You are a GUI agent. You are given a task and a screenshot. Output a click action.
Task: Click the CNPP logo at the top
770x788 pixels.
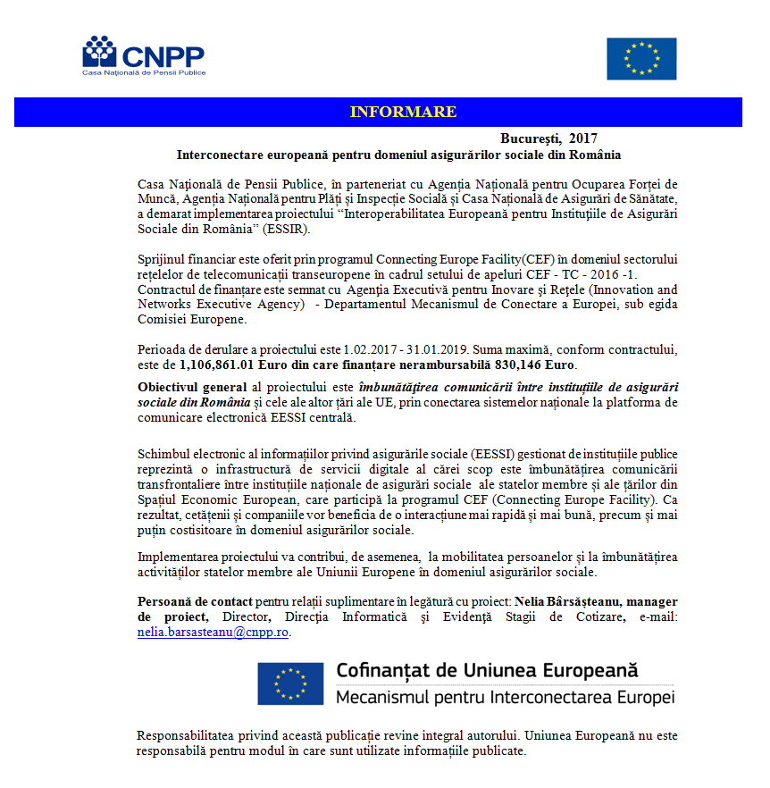point(143,55)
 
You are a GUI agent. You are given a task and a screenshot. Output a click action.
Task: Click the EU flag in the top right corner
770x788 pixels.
point(640,59)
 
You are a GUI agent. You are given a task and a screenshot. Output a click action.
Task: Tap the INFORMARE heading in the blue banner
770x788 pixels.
point(403,112)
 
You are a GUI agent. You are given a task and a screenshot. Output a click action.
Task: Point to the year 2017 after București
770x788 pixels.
point(582,138)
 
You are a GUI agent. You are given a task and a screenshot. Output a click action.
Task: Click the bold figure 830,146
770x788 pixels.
point(533,365)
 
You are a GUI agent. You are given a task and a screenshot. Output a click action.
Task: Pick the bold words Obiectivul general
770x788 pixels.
point(191,387)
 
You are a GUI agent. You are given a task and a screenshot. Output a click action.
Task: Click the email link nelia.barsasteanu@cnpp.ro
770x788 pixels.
point(213,632)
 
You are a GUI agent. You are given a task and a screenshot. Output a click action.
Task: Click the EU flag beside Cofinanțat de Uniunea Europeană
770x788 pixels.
point(290,683)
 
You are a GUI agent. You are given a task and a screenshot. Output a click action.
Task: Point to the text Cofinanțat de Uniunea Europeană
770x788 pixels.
point(487,669)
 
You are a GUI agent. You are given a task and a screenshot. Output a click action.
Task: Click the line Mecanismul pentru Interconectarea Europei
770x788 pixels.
point(505,697)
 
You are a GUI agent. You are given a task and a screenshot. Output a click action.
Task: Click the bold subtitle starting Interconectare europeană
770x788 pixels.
point(398,155)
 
